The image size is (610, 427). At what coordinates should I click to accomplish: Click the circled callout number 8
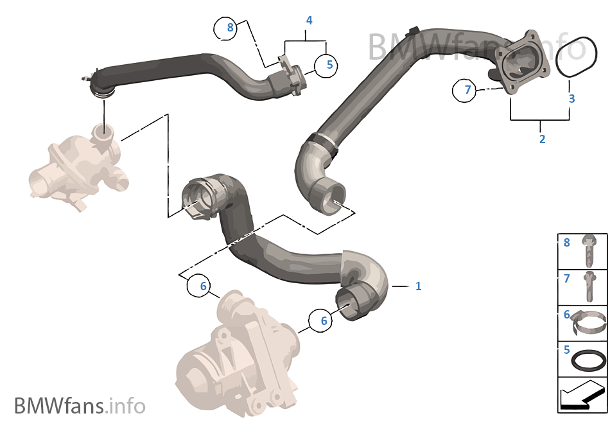tap(231, 28)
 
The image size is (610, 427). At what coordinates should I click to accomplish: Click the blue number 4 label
tap(309, 21)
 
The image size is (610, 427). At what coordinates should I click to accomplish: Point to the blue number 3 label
tap(571, 99)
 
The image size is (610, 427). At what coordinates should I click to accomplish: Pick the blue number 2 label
tap(542, 139)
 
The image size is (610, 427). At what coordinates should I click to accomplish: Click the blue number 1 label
tap(418, 286)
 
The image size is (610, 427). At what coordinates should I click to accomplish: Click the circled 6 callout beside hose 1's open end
tap(324, 320)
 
